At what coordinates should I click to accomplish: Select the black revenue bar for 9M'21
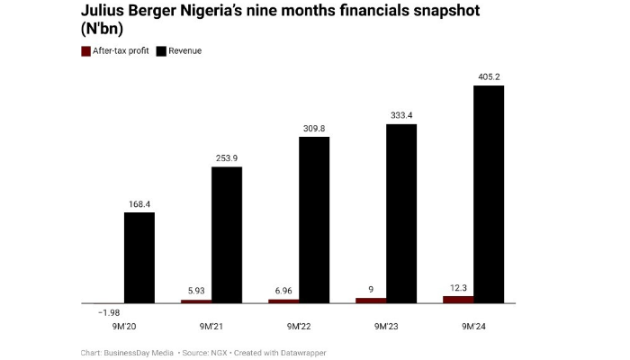(x=227, y=234)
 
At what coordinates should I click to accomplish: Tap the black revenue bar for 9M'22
(x=314, y=220)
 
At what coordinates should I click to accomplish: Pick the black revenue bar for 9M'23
(x=401, y=212)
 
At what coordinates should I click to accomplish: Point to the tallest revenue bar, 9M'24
(x=489, y=193)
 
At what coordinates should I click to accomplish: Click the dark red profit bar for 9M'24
(x=458, y=299)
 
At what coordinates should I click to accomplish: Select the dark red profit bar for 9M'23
(x=371, y=300)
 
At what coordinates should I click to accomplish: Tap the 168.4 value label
(x=139, y=203)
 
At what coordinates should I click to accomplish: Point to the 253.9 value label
(x=227, y=157)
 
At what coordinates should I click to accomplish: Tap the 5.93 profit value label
(x=196, y=291)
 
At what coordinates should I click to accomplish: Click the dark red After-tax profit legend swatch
(x=85, y=51)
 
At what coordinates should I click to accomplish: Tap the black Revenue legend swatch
(x=162, y=51)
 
